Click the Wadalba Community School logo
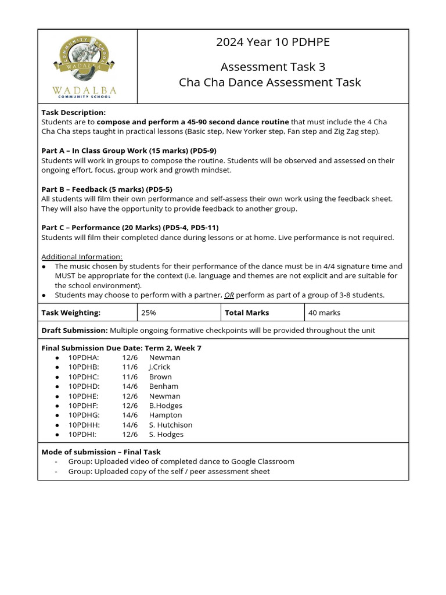88,66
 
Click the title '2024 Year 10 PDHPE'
272,42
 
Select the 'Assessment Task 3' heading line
272,67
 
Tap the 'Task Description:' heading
73,112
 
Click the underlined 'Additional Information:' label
82,257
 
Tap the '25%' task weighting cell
148,313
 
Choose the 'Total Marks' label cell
247,313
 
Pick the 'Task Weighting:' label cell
71,313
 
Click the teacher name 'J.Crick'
160,367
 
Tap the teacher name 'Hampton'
166,415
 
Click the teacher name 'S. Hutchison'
171,425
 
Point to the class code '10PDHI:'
82,435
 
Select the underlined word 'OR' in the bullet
229,295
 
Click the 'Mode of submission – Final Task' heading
101,452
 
